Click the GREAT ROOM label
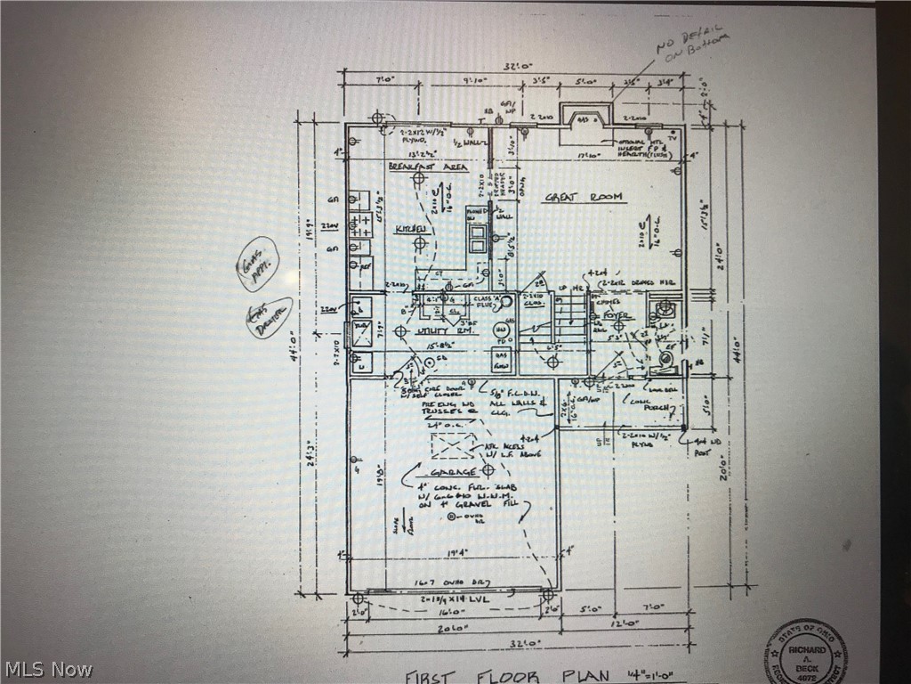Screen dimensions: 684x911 pos(584,197)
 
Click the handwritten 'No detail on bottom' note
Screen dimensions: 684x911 pos(695,45)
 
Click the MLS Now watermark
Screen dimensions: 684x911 pos(47,669)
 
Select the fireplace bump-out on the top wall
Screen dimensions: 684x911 pos(584,118)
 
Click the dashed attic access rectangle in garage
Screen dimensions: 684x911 pos(453,445)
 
